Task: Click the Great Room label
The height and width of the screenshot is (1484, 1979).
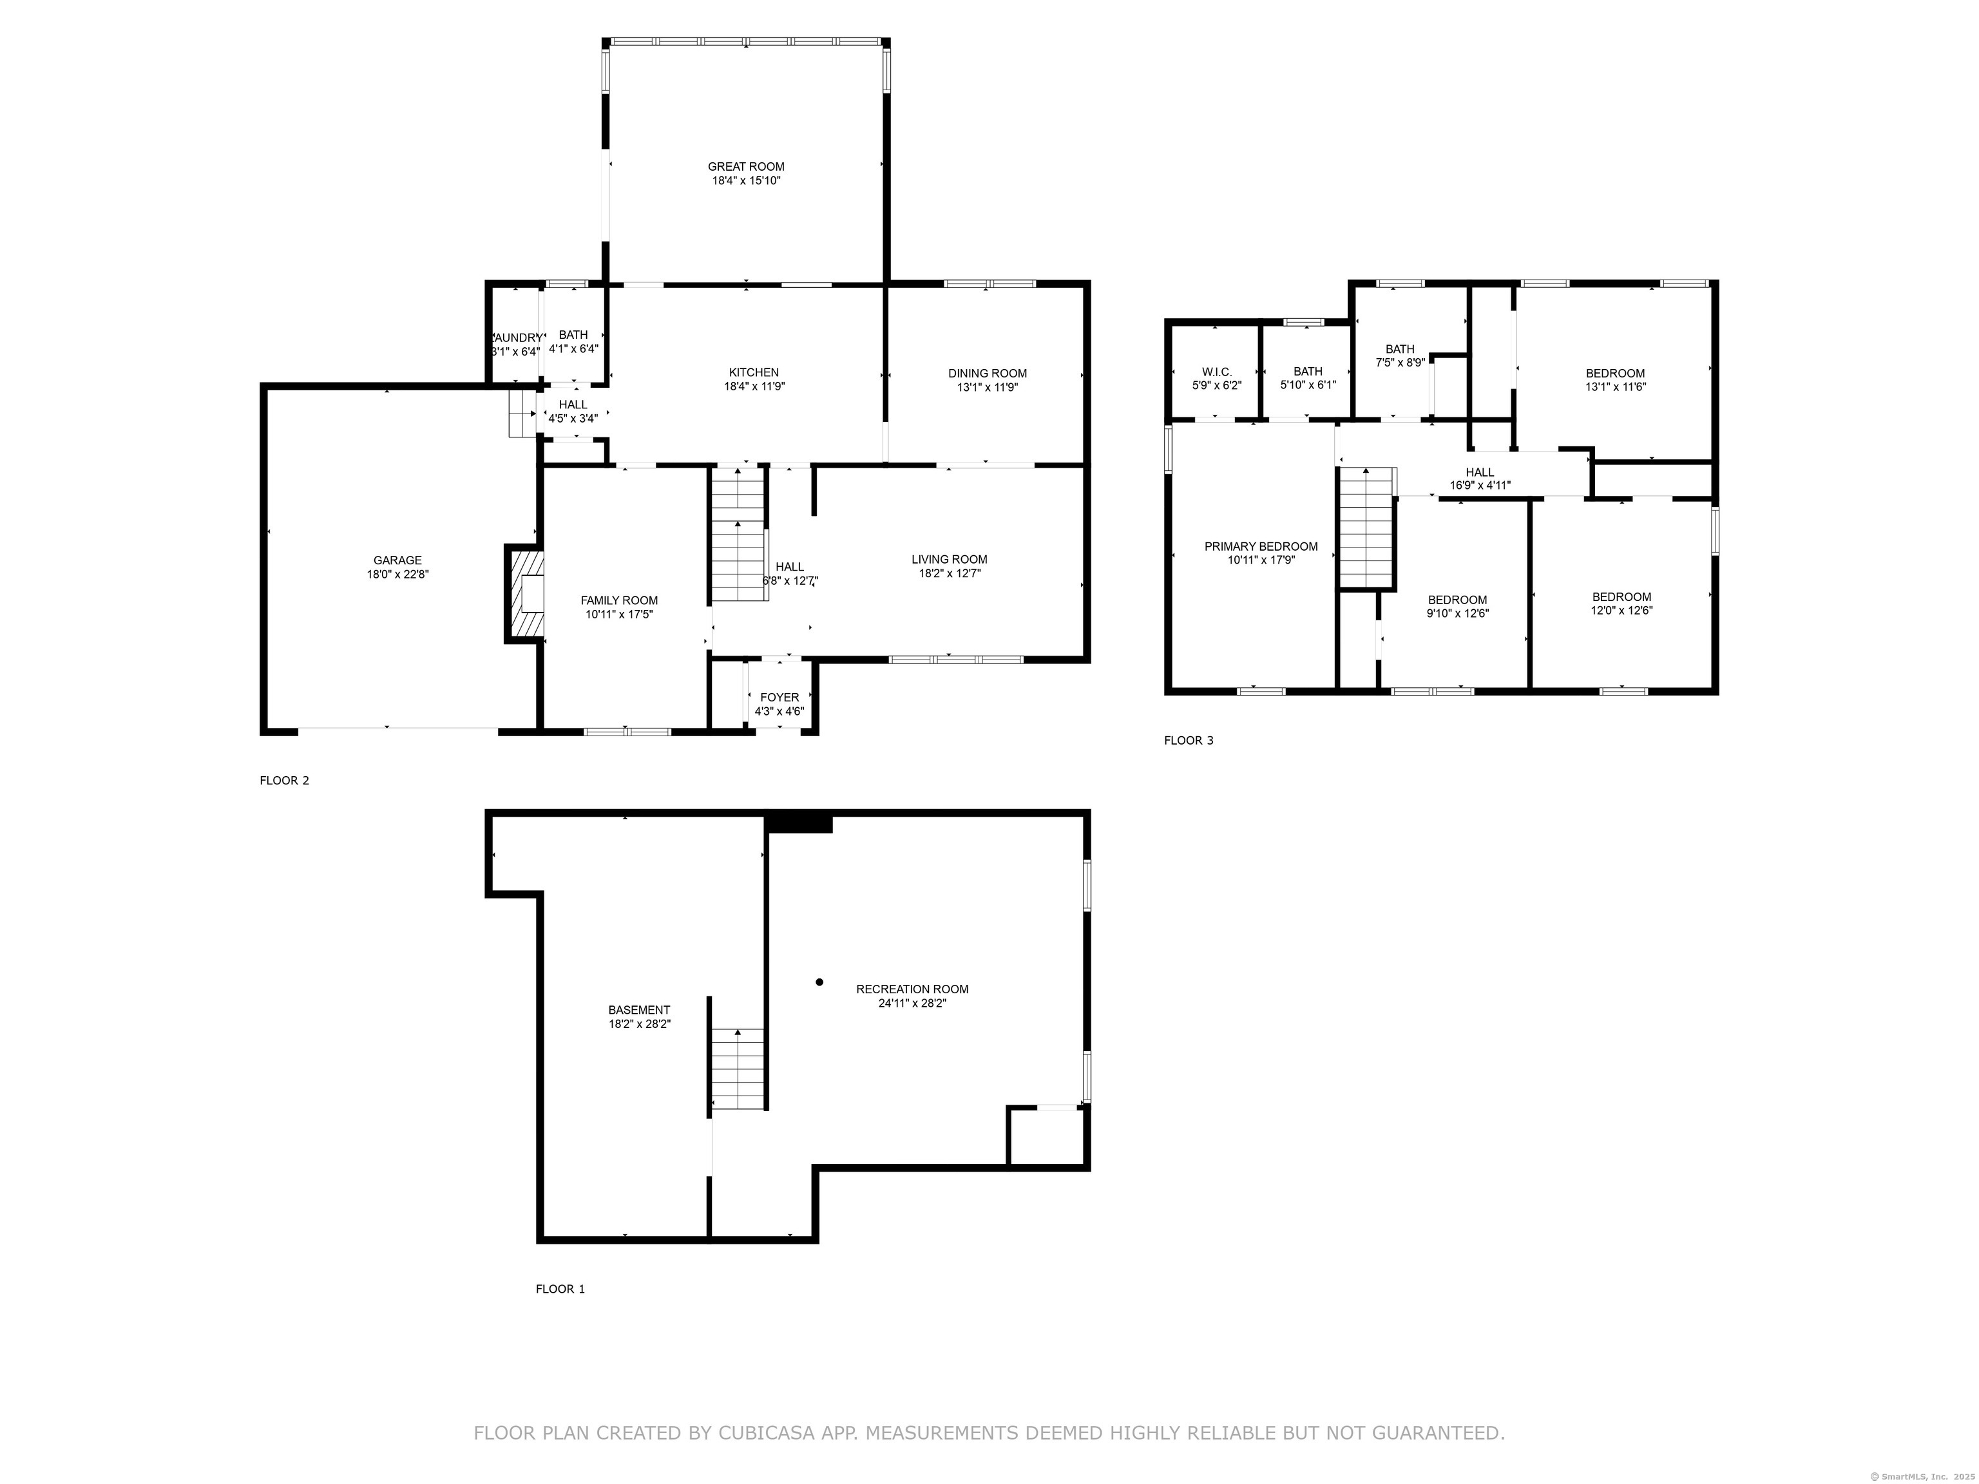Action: [x=746, y=166]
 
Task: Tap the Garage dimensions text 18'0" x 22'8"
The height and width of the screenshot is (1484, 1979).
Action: [x=397, y=575]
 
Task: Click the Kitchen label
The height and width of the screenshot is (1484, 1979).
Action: [x=754, y=372]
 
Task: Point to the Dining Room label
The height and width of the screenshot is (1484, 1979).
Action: [x=988, y=373]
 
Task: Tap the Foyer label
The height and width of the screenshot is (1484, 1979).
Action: [x=779, y=697]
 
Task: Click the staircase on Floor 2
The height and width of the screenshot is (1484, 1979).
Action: [x=738, y=533]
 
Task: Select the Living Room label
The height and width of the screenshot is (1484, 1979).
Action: [x=950, y=559]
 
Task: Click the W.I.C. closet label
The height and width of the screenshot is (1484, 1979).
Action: [x=1217, y=371]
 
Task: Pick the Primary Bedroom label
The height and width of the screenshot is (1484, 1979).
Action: [x=1261, y=547]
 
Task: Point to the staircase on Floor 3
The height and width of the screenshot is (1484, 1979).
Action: [x=1366, y=527]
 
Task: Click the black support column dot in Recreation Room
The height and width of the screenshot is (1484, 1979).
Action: [x=819, y=982]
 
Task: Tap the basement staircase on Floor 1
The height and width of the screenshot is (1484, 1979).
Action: [x=738, y=1069]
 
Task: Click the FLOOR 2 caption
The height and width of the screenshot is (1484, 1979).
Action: [x=285, y=780]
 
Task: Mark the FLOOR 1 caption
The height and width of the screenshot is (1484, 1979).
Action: [x=560, y=1289]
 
